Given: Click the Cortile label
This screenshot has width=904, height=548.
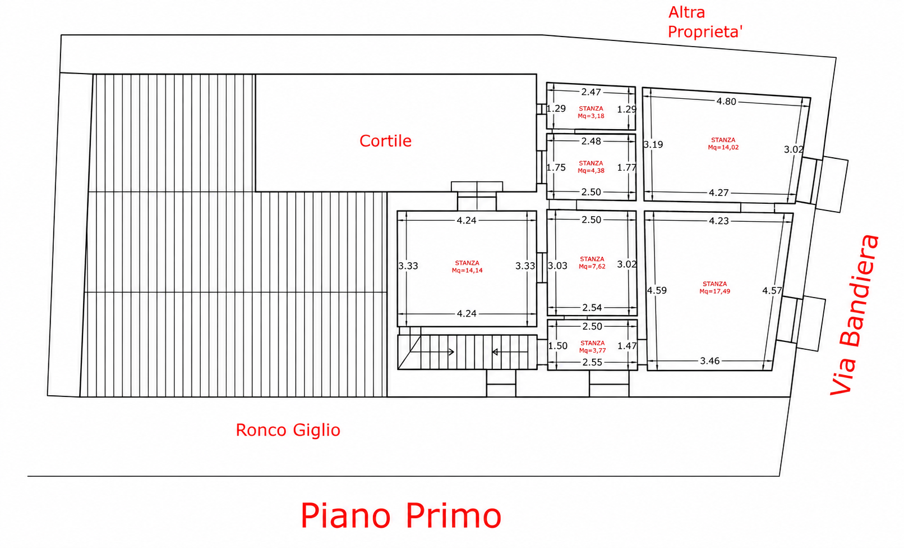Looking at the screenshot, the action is coord(385,141).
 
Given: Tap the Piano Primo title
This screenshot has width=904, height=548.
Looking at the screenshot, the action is coord(401,515).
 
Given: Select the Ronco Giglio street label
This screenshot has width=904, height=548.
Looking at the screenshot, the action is coord(288,431).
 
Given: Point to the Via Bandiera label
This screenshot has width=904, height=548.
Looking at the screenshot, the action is coord(854,314).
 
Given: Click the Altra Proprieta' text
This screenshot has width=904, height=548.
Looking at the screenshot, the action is coord(705,22).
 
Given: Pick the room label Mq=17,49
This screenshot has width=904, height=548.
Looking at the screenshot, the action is coord(714,291).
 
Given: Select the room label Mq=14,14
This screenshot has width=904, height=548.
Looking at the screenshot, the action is coord(467,271).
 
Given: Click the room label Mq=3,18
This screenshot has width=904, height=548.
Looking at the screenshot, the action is coord(591,116).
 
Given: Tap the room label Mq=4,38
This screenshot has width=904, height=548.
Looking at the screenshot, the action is coord(591,171).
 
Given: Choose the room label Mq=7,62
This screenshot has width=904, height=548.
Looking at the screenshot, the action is coord(592,266).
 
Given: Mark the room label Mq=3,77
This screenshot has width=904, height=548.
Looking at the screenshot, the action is coord(592,350).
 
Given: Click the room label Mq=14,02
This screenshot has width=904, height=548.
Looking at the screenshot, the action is coord(723,148).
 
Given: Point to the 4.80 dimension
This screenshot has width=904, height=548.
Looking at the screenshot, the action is coord(726,102).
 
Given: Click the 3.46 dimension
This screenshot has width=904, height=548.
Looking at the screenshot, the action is coord(710,361).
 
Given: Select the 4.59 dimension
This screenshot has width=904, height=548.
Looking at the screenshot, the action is coord(657,291).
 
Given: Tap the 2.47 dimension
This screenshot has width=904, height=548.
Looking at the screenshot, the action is coord(591,92).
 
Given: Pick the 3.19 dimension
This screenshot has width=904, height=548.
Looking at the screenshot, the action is coord(653,145).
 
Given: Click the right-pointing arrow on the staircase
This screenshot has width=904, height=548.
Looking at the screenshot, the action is coord(432,352).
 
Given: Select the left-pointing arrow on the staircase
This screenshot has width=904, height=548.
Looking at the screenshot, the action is coord(510,352).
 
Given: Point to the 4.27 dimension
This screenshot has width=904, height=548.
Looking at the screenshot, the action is coord(719,193).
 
